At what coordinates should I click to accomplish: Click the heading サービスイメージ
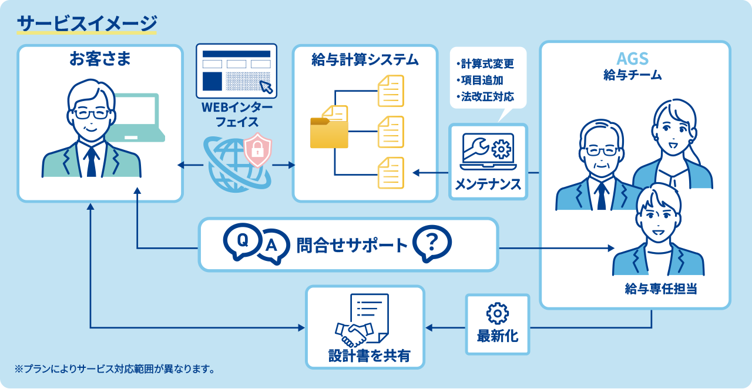[87, 24]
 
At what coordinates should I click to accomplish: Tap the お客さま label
[100, 59]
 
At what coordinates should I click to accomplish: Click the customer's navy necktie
[91, 162]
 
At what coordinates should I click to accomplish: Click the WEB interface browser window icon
[237, 71]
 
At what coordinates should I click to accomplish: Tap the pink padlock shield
[257, 150]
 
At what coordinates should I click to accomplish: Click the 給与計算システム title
[365, 60]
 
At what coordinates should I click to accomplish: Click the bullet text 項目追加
[480, 81]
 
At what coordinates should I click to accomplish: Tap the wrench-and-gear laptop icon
[488, 152]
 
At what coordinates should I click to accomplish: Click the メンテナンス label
[488, 184]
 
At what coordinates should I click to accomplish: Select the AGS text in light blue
[633, 59]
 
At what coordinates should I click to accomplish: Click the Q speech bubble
[243, 242]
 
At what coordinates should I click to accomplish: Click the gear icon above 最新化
[498, 313]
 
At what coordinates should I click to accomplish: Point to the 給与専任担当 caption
[661, 289]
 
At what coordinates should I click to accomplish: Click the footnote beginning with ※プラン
[115, 369]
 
